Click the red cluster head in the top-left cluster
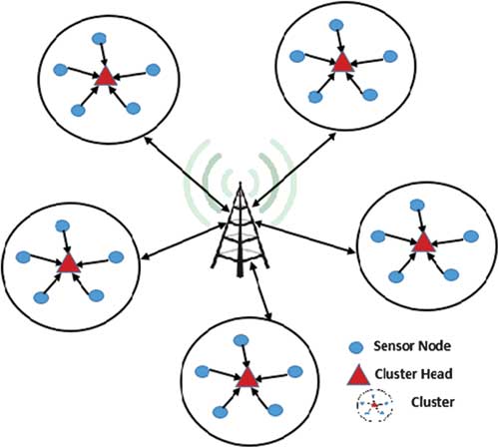106,77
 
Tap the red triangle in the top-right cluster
341,63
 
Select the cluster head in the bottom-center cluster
248,378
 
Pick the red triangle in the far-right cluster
423,242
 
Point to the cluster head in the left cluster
69,263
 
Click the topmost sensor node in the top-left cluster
99,39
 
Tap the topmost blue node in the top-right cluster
336,25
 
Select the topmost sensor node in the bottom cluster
241,340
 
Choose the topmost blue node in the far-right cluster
417,205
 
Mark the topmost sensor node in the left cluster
62,225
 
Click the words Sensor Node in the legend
412,346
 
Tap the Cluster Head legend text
413,374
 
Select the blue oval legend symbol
355,348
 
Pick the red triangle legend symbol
358,375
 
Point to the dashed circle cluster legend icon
374,405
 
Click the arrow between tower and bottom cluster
261,291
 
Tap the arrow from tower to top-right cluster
294,170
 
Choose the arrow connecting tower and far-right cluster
305,238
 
